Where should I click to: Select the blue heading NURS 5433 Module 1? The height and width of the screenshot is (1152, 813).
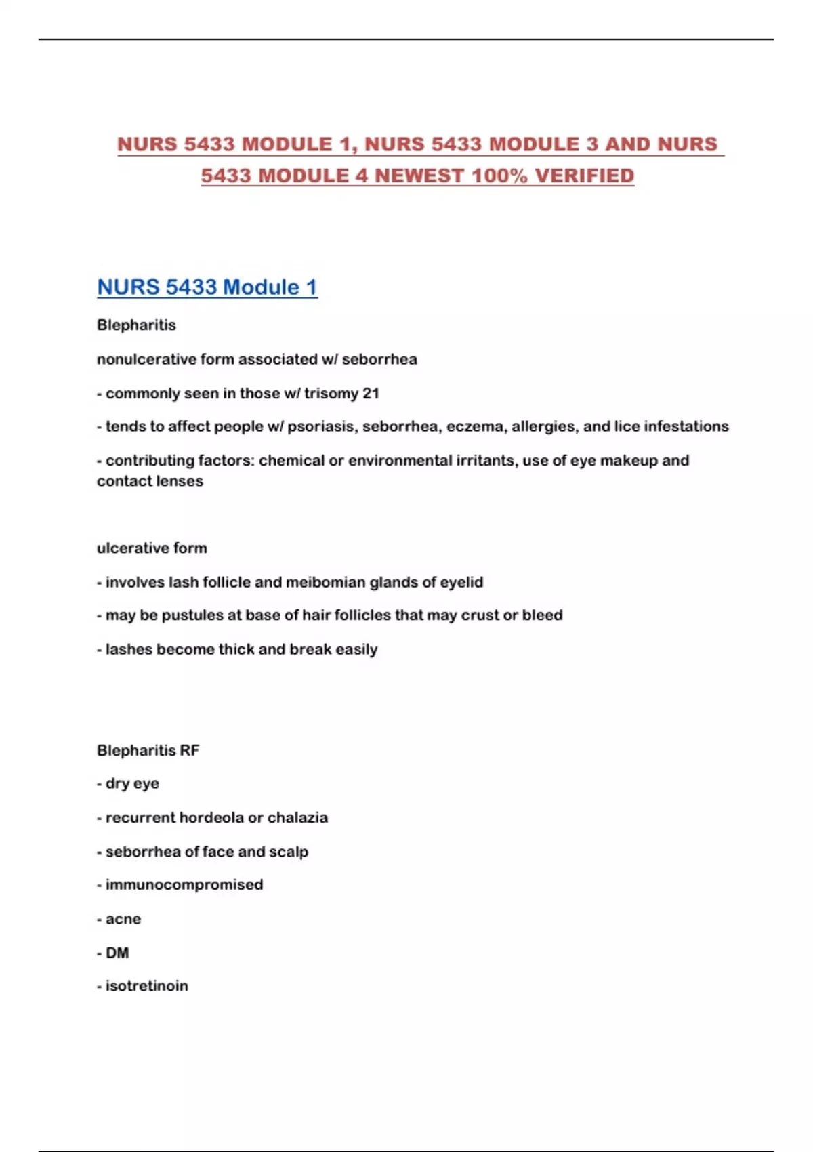207,287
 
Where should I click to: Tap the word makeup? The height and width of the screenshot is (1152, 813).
629,460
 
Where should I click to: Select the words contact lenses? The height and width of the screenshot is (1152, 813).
150,481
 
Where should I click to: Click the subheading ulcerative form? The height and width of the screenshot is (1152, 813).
152,548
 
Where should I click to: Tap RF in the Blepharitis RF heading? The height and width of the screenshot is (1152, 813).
190,750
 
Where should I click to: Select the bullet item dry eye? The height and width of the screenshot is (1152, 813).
132,783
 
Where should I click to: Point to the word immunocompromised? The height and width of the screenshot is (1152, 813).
184,884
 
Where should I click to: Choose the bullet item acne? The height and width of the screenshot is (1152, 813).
123,919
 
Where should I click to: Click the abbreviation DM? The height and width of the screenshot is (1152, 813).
117,953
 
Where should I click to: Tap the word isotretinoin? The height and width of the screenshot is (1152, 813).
147,986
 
